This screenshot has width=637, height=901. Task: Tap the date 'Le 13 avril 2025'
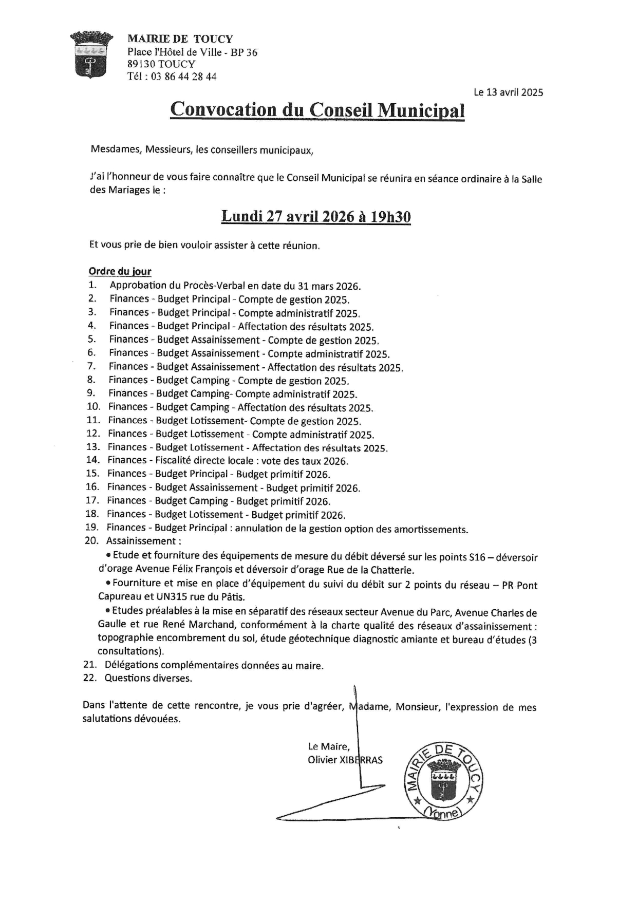(x=508, y=92)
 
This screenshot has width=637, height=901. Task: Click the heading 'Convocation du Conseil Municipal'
(x=317, y=109)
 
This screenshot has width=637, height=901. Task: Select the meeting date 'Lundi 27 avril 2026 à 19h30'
(x=315, y=217)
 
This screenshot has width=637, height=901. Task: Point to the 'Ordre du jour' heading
(x=120, y=272)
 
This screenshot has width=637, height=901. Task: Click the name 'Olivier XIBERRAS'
(x=345, y=760)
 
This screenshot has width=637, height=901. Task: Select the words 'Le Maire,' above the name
(x=329, y=746)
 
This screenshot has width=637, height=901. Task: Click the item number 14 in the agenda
(x=92, y=460)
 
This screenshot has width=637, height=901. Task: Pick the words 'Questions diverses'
(x=147, y=678)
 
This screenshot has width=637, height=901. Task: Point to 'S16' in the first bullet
(x=477, y=557)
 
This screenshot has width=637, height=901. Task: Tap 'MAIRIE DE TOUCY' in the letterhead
(x=180, y=39)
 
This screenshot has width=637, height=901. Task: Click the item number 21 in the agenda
(x=90, y=665)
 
